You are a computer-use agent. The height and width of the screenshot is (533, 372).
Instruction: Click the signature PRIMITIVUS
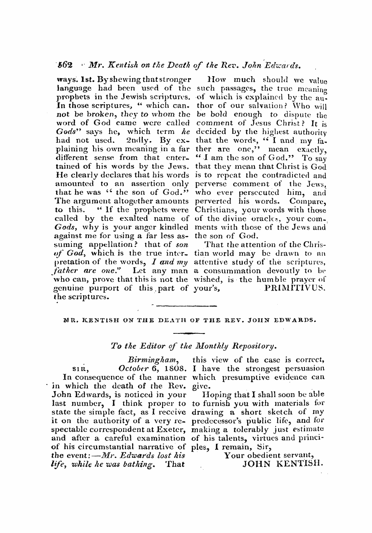pos(295,288)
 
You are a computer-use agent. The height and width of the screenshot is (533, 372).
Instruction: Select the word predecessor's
pos(214,421)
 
